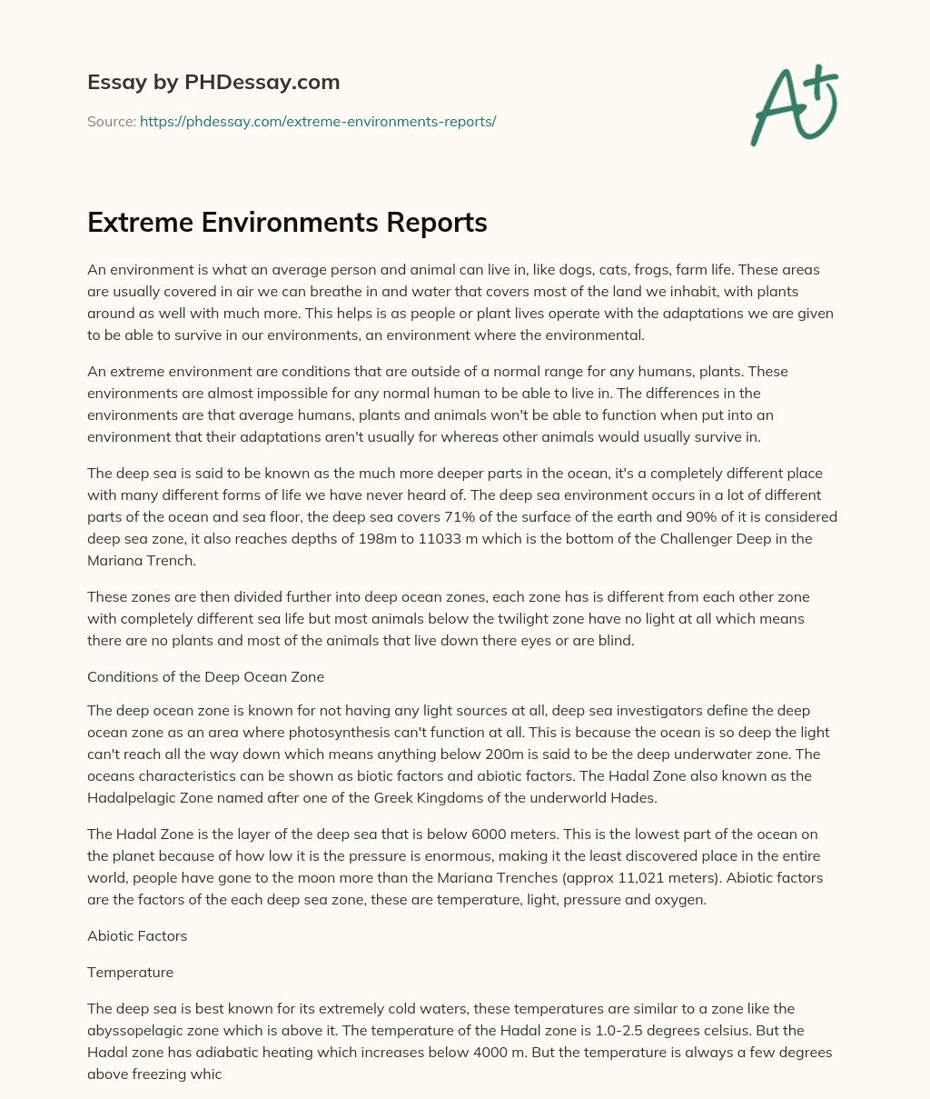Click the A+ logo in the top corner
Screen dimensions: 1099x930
(x=794, y=106)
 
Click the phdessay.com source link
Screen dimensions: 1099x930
(x=318, y=121)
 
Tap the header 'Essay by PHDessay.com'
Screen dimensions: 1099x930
(x=213, y=83)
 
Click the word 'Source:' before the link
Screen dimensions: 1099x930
(x=111, y=121)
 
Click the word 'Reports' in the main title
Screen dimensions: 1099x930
(x=440, y=223)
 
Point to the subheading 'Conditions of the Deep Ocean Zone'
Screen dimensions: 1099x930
(x=205, y=676)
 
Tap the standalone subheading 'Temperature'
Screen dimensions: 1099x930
(x=130, y=972)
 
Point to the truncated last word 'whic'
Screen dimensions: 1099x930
(x=208, y=1074)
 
